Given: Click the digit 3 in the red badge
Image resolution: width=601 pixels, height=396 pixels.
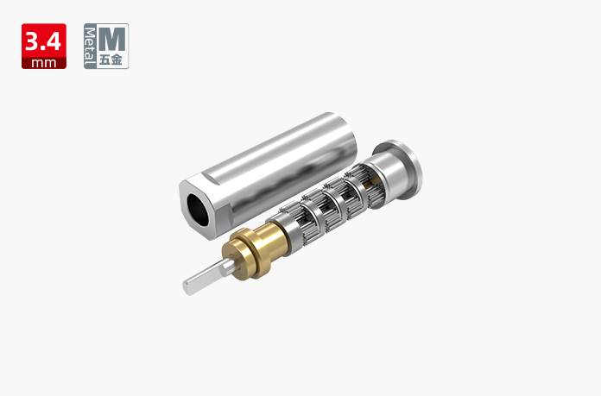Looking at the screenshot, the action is tap(31, 41).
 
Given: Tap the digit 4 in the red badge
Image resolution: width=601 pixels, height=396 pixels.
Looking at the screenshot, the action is tap(53, 41).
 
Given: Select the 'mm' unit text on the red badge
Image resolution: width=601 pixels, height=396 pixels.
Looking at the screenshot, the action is tap(44, 63).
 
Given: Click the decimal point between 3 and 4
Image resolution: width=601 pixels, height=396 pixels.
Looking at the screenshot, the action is tap(41, 47).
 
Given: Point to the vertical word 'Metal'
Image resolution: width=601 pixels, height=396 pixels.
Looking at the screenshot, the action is tap(90, 46).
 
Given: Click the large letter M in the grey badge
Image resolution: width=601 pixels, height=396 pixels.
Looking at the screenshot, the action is tap(111, 39).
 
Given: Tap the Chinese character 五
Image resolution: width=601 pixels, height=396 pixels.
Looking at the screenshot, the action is tap(105, 60).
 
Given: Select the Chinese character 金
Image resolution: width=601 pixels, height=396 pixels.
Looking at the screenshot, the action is tap(117, 60).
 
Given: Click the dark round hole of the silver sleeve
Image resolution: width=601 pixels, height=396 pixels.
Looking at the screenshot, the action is tap(198, 210).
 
